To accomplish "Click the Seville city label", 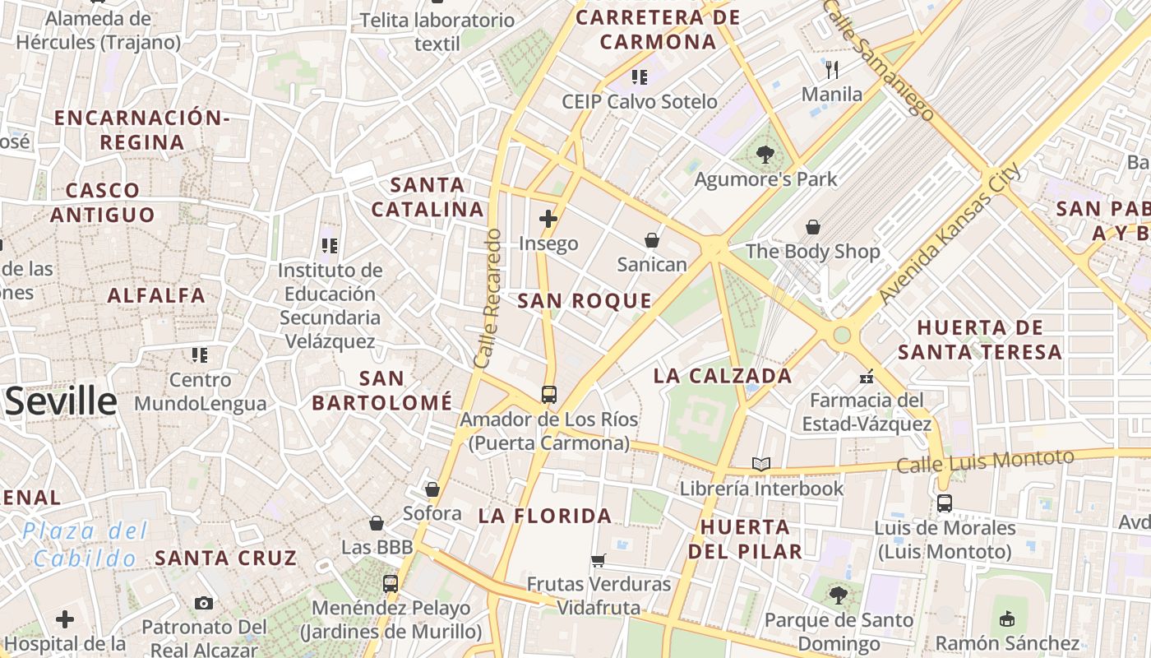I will (x=62, y=401).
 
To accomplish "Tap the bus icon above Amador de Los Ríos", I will (x=549, y=395).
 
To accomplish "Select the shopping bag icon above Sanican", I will (x=652, y=240).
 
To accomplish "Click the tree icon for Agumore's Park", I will (x=765, y=154).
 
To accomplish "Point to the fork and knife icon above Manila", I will (x=832, y=69).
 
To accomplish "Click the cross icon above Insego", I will (x=548, y=219).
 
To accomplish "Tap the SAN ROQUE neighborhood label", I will (x=585, y=301).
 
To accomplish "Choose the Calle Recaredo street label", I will (x=488, y=298).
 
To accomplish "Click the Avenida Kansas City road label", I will (x=950, y=234).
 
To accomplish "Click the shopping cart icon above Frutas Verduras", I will (x=599, y=560).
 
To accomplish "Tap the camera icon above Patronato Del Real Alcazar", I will (x=204, y=604).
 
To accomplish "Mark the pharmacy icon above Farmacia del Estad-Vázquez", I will (x=866, y=377).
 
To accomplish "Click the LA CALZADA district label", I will (x=723, y=376).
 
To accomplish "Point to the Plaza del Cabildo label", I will (x=86, y=544).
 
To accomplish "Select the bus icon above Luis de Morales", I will (x=944, y=503).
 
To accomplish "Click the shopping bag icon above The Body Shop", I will (x=813, y=227).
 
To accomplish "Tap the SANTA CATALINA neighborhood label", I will (x=427, y=197).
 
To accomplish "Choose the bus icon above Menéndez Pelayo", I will (x=391, y=584).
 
